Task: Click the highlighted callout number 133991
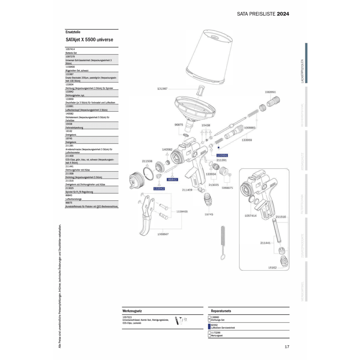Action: pos(222,155)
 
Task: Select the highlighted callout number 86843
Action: pos(173,179)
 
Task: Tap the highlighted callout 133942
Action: pos(159,188)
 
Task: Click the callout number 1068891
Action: pos(270,92)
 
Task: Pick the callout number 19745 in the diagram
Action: pos(209,214)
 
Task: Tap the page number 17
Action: pos(287,347)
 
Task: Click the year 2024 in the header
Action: pos(283,14)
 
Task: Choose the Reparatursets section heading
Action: pos(221,310)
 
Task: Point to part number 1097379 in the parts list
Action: pos(70,57)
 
